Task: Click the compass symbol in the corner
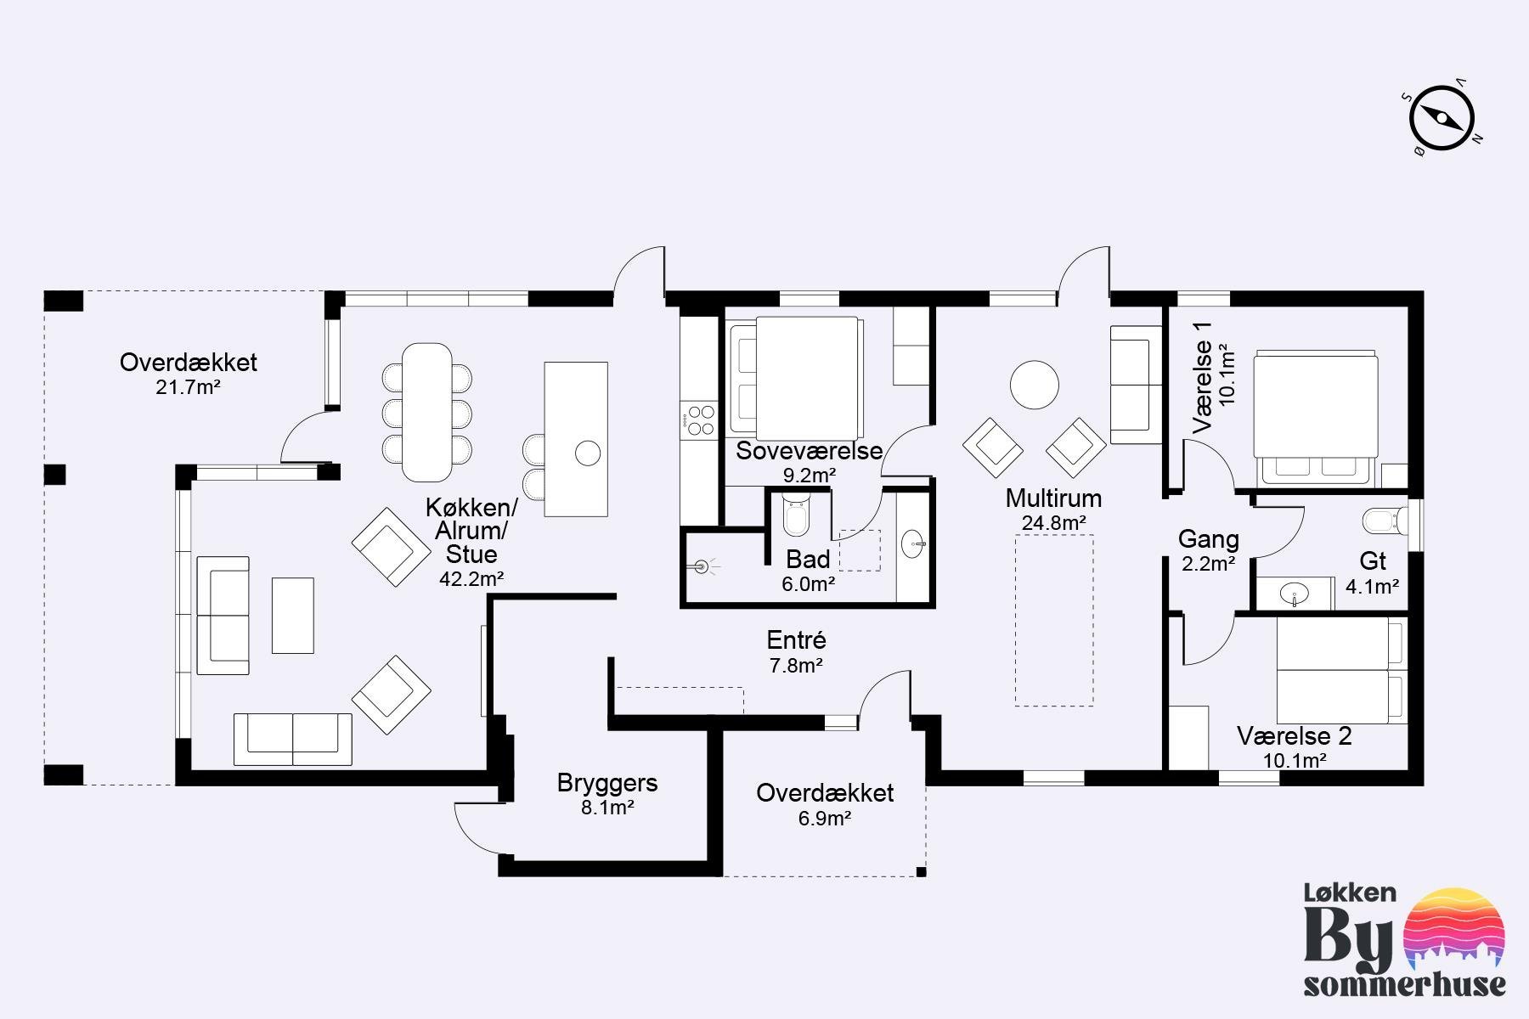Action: (x=1442, y=120)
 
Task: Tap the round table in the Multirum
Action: (x=1034, y=385)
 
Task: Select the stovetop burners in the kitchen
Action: (x=701, y=421)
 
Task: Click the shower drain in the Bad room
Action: (x=702, y=566)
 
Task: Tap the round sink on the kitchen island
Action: (x=588, y=453)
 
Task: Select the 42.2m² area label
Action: (x=471, y=579)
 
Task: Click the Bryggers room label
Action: (x=607, y=783)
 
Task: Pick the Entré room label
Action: (x=796, y=640)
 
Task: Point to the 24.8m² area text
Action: (x=1053, y=523)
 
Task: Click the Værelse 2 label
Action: (x=1294, y=736)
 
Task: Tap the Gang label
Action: (x=1208, y=539)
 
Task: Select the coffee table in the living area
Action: (x=293, y=616)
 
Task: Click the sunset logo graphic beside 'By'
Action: (x=1455, y=929)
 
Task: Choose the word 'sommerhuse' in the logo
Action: (x=1405, y=985)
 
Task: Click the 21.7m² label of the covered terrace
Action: (x=188, y=388)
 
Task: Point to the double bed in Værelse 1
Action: (x=1315, y=417)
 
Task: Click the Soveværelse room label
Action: (x=810, y=451)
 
